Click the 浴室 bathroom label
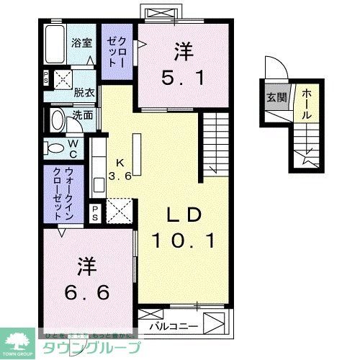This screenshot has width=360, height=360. [81, 42]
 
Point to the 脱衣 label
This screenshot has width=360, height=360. [84, 92]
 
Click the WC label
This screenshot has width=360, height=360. [74, 148]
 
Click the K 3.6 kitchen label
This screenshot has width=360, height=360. [120, 169]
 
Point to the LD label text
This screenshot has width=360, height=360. [183, 215]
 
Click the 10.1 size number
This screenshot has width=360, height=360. [183, 241]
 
